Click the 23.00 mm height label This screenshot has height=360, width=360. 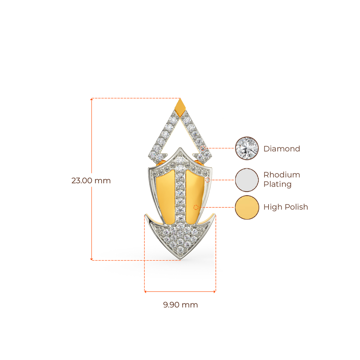pyautogui.click(x=91, y=180)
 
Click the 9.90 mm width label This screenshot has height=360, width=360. pyautogui.click(x=180, y=305)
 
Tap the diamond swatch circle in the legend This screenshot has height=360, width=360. pyautogui.click(x=247, y=148)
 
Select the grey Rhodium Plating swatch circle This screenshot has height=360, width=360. pyautogui.click(x=247, y=180)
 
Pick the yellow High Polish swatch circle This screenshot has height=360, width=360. pyautogui.click(x=247, y=207)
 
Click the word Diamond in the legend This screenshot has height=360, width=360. pyautogui.click(x=282, y=149)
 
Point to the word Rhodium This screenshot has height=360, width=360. pyautogui.click(x=282, y=175)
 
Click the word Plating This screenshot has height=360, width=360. pyautogui.click(x=278, y=184)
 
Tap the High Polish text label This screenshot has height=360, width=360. pyautogui.click(x=285, y=207)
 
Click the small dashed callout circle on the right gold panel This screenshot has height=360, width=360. pyautogui.click(x=196, y=207)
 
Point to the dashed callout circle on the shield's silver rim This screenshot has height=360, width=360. pyautogui.click(x=207, y=180)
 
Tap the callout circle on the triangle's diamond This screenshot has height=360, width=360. pyautogui.click(x=203, y=148)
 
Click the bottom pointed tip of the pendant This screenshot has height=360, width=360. pyautogui.click(x=180, y=259)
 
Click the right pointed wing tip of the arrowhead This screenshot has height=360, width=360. pyautogui.click(x=214, y=214)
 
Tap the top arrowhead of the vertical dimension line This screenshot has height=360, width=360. pyautogui.click(x=91, y=99)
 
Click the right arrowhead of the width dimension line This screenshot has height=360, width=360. pyautogui.click(x=215, y=291)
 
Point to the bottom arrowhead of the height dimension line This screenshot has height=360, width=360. pyautogui.click(x=91, y=259)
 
